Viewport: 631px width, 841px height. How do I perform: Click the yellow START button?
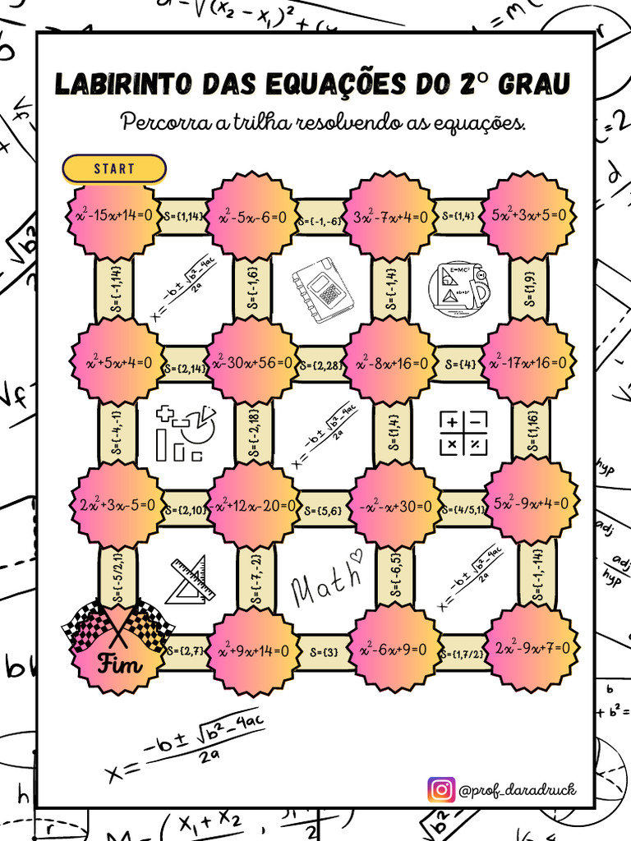[x=114, y=168]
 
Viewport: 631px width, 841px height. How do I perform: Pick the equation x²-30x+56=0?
[x=251, y=362]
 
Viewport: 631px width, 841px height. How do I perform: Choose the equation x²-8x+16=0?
[x=389, y=362]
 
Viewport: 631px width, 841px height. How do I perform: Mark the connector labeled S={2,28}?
[x=320, y=364]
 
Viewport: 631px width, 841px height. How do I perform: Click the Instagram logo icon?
[x=441, y=790]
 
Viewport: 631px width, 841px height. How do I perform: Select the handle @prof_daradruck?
[x=518, y=790]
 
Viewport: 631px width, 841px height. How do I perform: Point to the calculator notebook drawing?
[x=323, y=290]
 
